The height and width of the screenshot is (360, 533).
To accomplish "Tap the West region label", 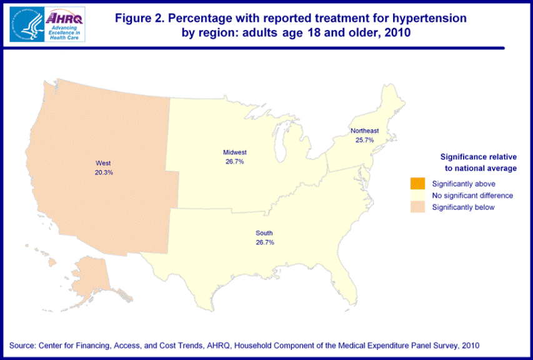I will pos(103,163).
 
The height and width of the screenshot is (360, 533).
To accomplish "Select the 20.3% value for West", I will pos(103,172).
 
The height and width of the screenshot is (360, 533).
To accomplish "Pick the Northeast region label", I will pos(364,131).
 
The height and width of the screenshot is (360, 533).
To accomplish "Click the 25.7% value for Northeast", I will pos(364,140).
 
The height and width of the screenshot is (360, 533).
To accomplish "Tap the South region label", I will pos(264,233).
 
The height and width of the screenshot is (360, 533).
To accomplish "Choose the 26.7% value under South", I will pos(264,242).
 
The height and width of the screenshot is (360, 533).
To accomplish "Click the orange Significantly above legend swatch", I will pos(417,184).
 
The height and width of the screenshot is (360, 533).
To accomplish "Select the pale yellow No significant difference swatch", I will pos(417,196).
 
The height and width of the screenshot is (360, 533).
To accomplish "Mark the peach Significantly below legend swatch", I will pos(417,207).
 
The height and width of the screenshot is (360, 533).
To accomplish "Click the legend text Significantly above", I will pos(464,184).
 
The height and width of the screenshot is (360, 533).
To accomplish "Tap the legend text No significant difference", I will pos(472,196).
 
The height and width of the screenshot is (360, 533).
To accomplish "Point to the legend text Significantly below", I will pos(463,207).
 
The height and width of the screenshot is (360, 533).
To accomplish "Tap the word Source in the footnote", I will pos(22,346).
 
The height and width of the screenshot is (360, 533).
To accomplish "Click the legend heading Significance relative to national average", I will pos(479,162).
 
